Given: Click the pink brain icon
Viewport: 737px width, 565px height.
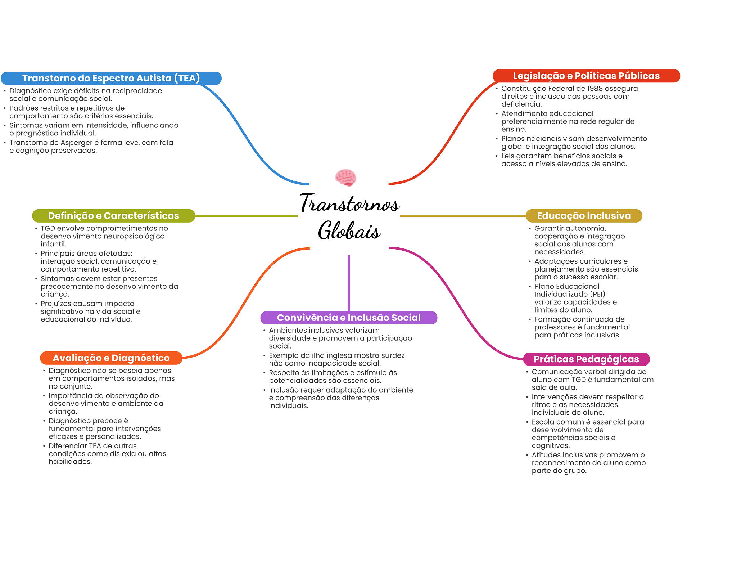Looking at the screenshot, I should click(345, 178).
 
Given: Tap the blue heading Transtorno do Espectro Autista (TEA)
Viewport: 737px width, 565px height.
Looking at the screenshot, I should click(111, 78).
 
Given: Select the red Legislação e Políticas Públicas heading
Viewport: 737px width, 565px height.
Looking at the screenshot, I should click(586, 76).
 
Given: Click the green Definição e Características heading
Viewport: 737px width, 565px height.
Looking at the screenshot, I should click(113, 216).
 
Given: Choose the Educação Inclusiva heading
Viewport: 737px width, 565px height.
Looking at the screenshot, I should click(584, 216).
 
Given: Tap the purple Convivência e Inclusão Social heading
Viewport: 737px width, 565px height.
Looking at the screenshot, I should click(348, 318).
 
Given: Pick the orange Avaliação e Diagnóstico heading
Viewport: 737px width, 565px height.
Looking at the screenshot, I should click(111, 358).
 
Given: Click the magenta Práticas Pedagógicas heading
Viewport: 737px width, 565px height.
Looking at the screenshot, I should click(586, 359).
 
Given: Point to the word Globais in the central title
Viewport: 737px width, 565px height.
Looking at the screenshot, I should click(349, 230).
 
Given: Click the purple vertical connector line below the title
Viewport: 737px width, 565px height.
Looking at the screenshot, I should click(349, 283).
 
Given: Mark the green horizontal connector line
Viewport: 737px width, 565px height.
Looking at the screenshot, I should click(246, 216).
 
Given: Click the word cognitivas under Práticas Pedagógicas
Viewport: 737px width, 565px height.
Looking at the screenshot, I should click(550, 445).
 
